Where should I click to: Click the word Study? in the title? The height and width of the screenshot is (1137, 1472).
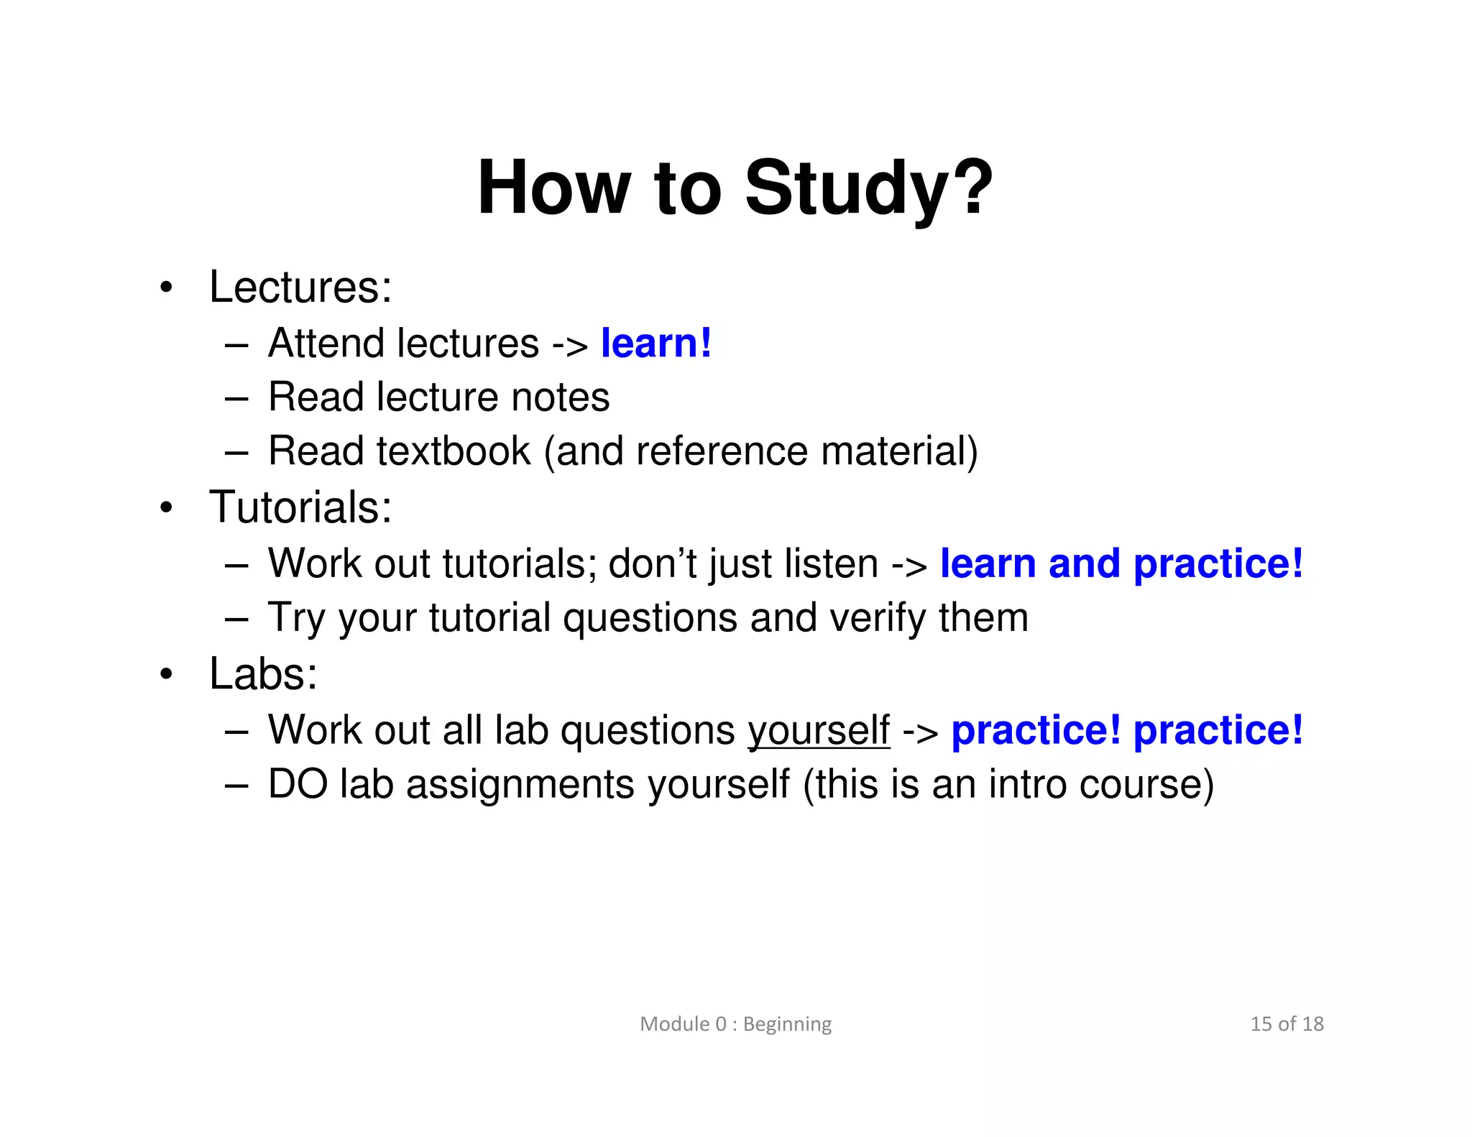point(868,188)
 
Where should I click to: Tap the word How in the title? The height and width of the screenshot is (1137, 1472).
point(553,188)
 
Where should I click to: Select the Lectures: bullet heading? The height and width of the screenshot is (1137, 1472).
point(300,287)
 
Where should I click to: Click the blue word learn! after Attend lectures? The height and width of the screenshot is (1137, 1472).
point(655,343)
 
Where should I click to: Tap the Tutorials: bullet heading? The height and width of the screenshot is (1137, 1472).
point(300,507)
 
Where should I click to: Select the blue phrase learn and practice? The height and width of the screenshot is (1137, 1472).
point(1121,563)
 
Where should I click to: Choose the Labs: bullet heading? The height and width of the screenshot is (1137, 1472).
point(263,674)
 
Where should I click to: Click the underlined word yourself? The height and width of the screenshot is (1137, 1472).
point(819,730)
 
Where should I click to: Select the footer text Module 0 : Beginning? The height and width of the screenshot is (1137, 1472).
point(735,1023)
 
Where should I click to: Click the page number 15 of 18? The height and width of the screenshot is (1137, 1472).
point(1287,1023)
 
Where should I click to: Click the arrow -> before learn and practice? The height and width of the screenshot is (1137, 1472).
point(909,565)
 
